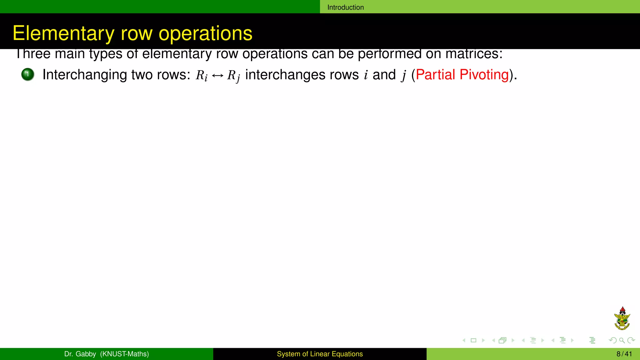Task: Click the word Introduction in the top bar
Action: coord(345,7)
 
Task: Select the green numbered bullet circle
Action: coord(28,74)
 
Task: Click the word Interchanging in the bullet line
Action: coord(84,75)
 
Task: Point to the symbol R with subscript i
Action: coord(201,75)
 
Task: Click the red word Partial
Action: coord(435,75)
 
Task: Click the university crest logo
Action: coord(622,319)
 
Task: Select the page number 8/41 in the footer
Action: coord(624,354)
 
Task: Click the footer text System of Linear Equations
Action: coord(320,354)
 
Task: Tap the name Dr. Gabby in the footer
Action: coord(80,354)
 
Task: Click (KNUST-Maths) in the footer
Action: coord(124,354)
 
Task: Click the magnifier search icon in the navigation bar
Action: coord(622,340)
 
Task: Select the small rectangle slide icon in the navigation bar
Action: coord(473,340)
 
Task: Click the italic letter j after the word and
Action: coord(404,75)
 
